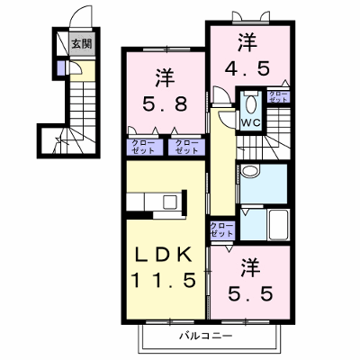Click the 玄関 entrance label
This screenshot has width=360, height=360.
tap(82, 44)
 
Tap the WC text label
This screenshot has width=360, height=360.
tap(251, 122)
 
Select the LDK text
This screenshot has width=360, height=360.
tap(163, 256)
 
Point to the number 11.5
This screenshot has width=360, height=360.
tap(164, 281)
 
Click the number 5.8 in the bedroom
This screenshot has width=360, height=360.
tap(165, 104)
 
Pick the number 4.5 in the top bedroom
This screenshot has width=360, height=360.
tap(247, 68)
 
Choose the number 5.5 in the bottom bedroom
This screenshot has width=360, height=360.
tap(251, 293)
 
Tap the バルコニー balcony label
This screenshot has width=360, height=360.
tap(206, 336)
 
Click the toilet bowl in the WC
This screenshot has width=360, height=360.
tap(251, 103)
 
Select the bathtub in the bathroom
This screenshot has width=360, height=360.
tap(279, 224)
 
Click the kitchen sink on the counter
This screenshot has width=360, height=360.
tap(170, 202)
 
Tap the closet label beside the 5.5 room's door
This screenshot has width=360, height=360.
tap(222, 229)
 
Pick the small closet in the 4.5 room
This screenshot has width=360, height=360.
tap(278, 96)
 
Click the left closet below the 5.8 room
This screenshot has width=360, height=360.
tap(145, 148)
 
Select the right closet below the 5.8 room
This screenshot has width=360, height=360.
tap(186, 148)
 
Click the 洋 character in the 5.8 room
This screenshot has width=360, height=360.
tap(166, 78)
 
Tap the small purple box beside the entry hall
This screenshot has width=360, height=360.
tap(60, 68)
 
